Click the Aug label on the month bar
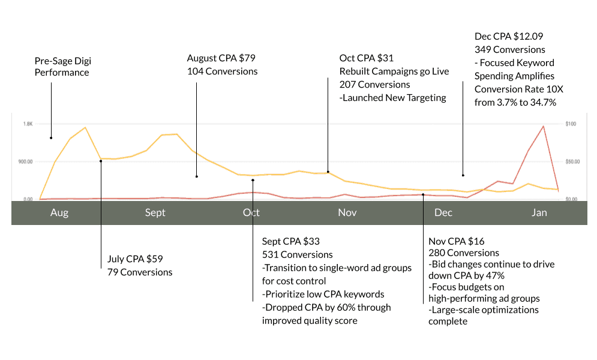point(59,213)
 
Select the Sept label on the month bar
point(155,213)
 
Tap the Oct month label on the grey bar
point(251,213)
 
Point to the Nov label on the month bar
point(347,213)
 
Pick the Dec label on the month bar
point(443,213)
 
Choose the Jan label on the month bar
point(539,213)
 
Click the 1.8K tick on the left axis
point(28,124)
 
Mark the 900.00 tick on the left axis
point(25,161)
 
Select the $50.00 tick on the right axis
point(573,161)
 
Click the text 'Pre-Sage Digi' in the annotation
point(64,61)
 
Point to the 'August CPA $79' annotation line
point(221,58)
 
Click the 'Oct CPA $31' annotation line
point(367,58)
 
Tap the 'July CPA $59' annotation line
point(135,259)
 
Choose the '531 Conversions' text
point(297,254)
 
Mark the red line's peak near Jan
point(543,127)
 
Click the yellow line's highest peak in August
point(85,128)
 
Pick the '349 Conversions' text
point(510,50)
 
